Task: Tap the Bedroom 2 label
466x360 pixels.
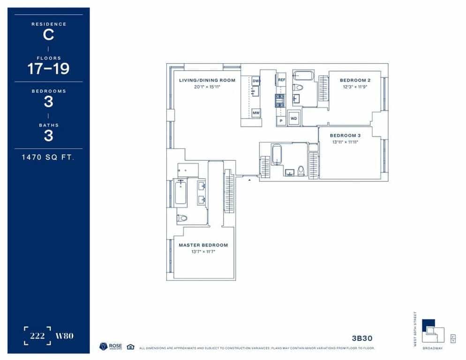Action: (x=355, y=80)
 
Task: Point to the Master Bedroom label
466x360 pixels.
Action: (x=203, y=245)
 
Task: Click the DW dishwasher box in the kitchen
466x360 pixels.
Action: (x=256, y=81)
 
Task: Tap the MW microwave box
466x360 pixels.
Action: (x=256, y=113)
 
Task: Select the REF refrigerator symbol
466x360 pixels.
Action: (x=281, y=80)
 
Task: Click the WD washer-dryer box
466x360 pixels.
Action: (x=294, y=119)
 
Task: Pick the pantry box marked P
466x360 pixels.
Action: (x=281, y=120)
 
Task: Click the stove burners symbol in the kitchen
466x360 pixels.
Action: (x=280, y=100)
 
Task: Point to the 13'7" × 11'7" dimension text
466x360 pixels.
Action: (x=203, y=252)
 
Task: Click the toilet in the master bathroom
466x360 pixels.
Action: (x=182, y=218)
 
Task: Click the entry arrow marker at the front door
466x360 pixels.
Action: (x=250, y=179)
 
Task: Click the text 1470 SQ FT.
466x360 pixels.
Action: (x=48, y=157)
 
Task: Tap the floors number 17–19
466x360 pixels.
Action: (x=48, y=69)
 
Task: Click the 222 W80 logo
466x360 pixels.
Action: (x=48, y=336)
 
